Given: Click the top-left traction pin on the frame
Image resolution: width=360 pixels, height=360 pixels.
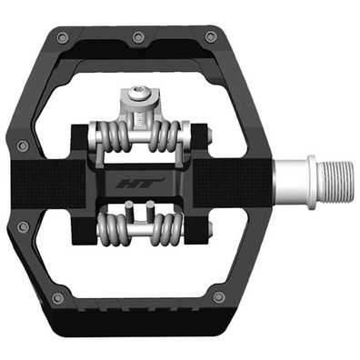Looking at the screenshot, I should coord(61,37).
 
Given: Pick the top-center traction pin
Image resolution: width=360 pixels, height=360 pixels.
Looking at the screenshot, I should coord(137,37).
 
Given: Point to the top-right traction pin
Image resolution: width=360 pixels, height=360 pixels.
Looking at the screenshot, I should coord(211,37).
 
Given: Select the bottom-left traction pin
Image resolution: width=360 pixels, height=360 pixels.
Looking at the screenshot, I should coord(57,298).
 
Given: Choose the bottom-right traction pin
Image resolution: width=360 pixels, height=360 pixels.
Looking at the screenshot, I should coord(218,297).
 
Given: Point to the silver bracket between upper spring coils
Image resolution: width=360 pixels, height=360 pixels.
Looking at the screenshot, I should coord(137,127).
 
